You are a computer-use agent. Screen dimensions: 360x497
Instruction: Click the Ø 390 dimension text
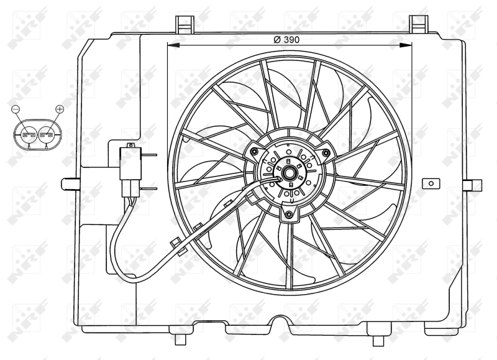click(x=286, y=39)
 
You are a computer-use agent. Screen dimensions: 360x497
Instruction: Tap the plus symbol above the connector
click(x=60, y=109)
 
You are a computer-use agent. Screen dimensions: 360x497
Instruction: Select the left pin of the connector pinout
click(x=28, y=134)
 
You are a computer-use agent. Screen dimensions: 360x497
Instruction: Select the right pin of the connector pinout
click(x=47, y=134)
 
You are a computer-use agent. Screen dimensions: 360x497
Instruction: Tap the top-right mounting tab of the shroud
click(x=419, y=23)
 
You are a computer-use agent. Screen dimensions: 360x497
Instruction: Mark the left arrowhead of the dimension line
click(x=172, y=45)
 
